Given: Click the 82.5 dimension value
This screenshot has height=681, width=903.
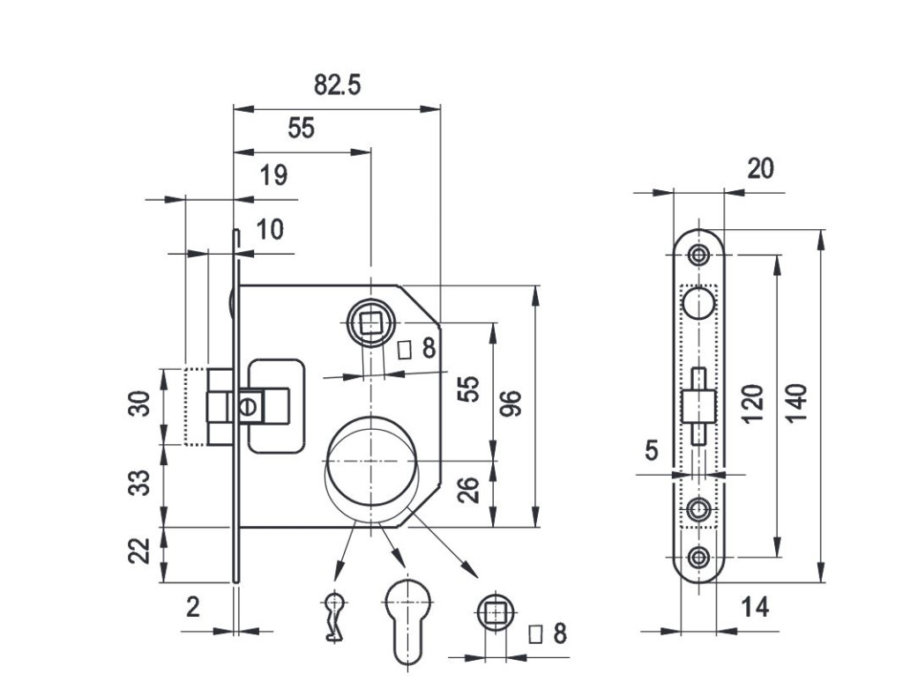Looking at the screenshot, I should (x=338, y=85).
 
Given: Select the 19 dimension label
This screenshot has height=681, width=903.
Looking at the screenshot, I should (x=273, y=175).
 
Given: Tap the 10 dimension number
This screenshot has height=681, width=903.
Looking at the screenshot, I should (x=270, y=230).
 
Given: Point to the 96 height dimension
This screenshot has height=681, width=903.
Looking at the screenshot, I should (x=511, y=404).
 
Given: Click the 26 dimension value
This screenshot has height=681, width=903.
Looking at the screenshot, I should (x=470, y=490).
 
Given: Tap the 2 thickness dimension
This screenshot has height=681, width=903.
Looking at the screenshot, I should (x=193, y=607).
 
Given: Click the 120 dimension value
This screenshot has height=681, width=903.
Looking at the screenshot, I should (x=752, y=403).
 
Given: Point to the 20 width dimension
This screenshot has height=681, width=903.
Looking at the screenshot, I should (x=760, y=167).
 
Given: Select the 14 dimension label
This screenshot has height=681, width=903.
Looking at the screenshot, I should (x=755, y=607).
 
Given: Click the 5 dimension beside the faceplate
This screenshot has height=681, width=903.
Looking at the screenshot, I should (x=651, y=451).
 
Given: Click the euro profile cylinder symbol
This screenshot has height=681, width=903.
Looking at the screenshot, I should (x=407, y=619).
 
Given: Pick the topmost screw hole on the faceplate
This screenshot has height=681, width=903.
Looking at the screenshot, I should (x=699, y=255).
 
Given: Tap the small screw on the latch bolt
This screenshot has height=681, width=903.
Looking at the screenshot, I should (x=249, y=407).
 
